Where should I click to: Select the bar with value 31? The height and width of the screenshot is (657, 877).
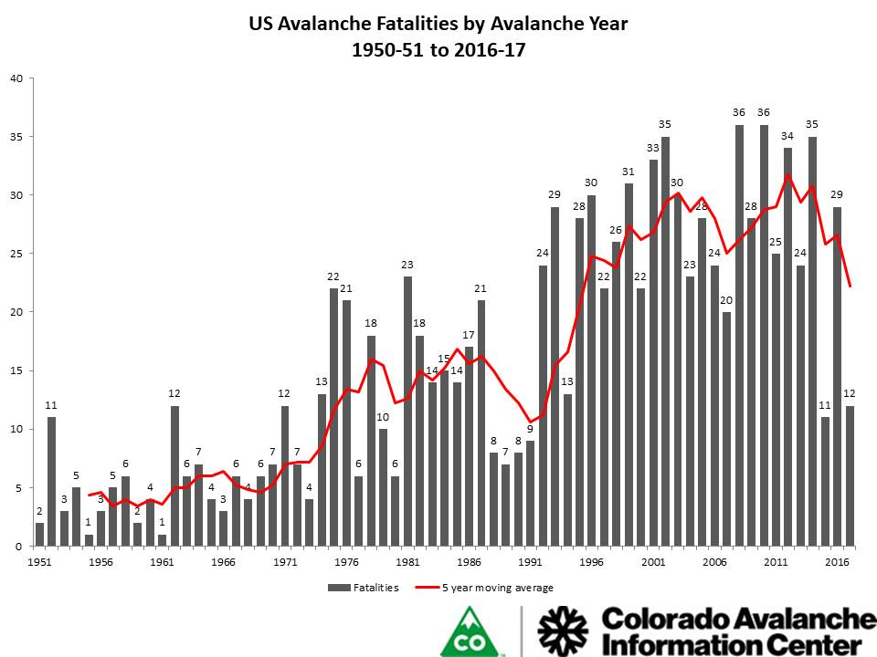629,365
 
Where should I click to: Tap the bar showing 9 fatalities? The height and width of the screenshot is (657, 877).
530,493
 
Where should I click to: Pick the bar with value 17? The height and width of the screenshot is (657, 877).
469,446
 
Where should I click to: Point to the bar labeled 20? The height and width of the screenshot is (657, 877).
726,429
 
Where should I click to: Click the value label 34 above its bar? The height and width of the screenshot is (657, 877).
787,136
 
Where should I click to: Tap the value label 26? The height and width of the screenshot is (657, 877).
616,230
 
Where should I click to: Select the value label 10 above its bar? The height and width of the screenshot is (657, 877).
383,417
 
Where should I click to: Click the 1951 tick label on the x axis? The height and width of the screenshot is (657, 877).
39,562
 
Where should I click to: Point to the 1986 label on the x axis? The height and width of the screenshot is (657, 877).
469,562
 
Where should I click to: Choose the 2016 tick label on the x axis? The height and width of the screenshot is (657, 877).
836,562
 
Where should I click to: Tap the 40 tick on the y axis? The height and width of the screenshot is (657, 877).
16,78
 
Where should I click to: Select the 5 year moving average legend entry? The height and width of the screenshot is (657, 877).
493,588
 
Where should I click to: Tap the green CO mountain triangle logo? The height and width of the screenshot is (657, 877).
473,632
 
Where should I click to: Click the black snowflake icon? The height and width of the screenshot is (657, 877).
564,631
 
